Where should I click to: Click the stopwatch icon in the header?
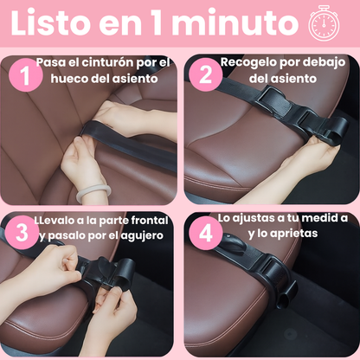tap(324, 22)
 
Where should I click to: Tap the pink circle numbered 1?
tap(26, 75)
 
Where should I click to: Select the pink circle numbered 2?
tap(206, 74)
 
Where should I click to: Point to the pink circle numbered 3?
tap(22, 233)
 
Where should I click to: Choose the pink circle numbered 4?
tap(206, 233)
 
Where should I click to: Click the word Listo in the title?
tap(51, 22)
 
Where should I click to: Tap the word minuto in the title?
tap(236, 22)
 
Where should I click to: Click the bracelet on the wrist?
tap(93, 193)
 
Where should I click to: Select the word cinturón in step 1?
tap(108, 62)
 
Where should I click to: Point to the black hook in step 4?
tap(235, 244)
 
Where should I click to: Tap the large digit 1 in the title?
tap(157, 22)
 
